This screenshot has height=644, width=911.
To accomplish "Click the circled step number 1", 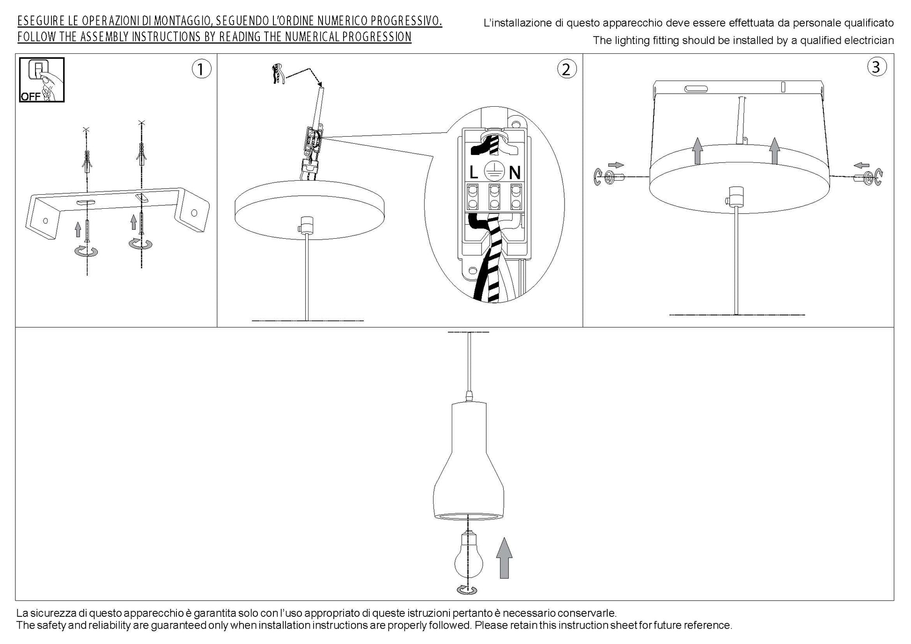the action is pyautogui.click(x=201, y=69).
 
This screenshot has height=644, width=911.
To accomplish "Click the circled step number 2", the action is pyautogui.click(x=566, y=69).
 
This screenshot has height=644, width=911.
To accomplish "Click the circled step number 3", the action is pyautogui.click(x=877, y=67).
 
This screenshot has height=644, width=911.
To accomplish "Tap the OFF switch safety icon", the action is pyautogui.click(x=42, y=80).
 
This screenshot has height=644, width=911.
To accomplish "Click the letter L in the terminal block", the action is pyautogui.click(x=473, y=173).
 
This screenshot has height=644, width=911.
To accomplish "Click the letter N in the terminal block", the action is pyautogui.click(x=514, y=173).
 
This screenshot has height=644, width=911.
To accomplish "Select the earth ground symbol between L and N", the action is pyautogui.click(x=493, y=171).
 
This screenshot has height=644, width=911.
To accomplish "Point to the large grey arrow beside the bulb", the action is pyautogui.click(x=504, y=558).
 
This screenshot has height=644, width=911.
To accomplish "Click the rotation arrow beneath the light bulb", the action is pyautogui.click(x=467, y=590).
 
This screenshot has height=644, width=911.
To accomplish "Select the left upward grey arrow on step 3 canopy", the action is pyautogui.click(x=698, y=151).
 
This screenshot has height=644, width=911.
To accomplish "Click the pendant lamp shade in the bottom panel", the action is pyautogui.click(x=469, y=461).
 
